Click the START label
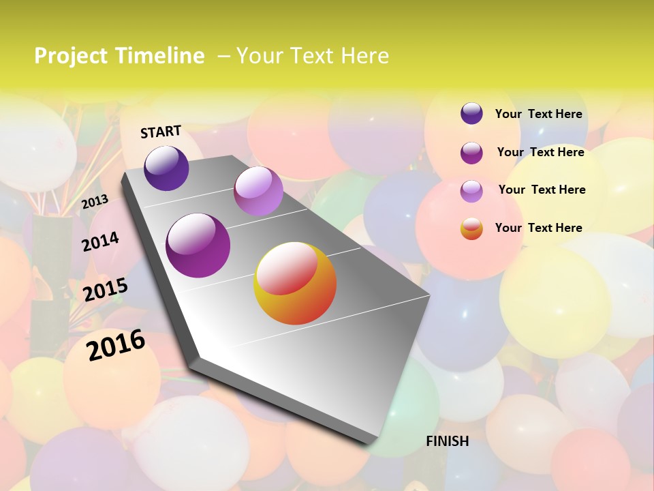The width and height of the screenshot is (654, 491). click(x=161, y=132)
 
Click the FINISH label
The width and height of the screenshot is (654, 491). click(x=447, y=441)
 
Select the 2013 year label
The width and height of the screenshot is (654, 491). click(x=95, y=201)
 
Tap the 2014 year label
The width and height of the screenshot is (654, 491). click(x=100, y=241)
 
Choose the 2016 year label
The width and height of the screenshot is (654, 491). click(x=116, y=345)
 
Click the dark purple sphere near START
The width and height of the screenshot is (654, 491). click(x=166, y=168)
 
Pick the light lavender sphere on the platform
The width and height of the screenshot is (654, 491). click(x=258, y=191)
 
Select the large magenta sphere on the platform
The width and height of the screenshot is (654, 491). click(x=198, y=245)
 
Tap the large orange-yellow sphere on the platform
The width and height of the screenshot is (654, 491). click(x=295, y=283)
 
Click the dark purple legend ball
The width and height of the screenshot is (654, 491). click(x=471, y=114)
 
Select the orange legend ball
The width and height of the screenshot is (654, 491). click(x=471, y=228)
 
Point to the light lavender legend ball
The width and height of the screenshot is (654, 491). click(x=471, y=190)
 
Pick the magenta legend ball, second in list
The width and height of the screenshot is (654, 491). click(x=471, y=152)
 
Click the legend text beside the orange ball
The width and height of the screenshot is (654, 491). click(x=538, y=228)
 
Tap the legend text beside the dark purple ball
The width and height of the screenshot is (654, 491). click(x=538, y=114)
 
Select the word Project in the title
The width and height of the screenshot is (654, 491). click(x=67, y=56)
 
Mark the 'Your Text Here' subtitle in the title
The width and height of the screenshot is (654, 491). click(x=312, y=56)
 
